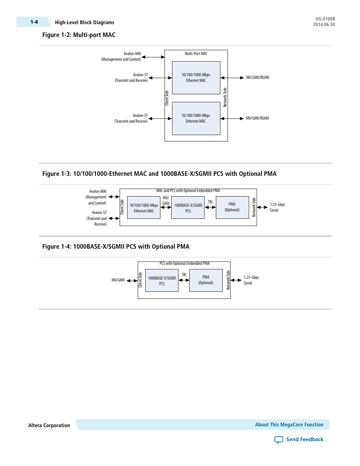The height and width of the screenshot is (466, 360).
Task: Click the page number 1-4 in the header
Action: (34, 22)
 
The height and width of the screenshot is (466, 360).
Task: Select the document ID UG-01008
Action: (325, 19)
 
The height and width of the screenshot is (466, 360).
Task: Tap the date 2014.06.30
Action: (324, 25)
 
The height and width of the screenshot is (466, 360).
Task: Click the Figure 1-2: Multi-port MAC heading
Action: (78, 35)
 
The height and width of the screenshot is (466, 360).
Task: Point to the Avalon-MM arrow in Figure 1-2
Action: (153, 57)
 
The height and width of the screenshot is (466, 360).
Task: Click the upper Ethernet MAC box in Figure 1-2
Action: (196, 78)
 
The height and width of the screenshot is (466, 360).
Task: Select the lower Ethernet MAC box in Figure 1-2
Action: (196, 118)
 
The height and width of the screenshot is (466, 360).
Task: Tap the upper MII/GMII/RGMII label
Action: (257, 77)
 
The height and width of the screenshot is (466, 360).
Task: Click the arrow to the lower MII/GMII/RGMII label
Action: (232, 118)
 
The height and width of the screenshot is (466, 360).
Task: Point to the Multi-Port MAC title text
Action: (196, 54)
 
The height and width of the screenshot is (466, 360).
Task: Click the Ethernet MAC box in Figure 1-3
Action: (144, 208)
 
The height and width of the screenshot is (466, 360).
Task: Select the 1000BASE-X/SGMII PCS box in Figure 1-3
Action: (188, 208)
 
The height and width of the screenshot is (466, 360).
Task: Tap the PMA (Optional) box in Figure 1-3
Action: (232, 207)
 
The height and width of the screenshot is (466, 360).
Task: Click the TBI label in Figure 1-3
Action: (210, 202)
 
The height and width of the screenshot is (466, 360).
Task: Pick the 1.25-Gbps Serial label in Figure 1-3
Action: (277, 207)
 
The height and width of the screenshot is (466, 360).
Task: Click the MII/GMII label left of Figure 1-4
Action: (118, 280)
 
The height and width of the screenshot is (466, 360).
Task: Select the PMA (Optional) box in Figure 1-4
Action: (206, 280)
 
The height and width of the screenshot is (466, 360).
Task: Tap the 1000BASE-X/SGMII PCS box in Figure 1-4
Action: (162, 280)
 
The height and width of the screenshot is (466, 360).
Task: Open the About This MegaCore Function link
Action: (289, 424)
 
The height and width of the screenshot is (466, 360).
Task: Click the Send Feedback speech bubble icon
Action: (278, 440)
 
